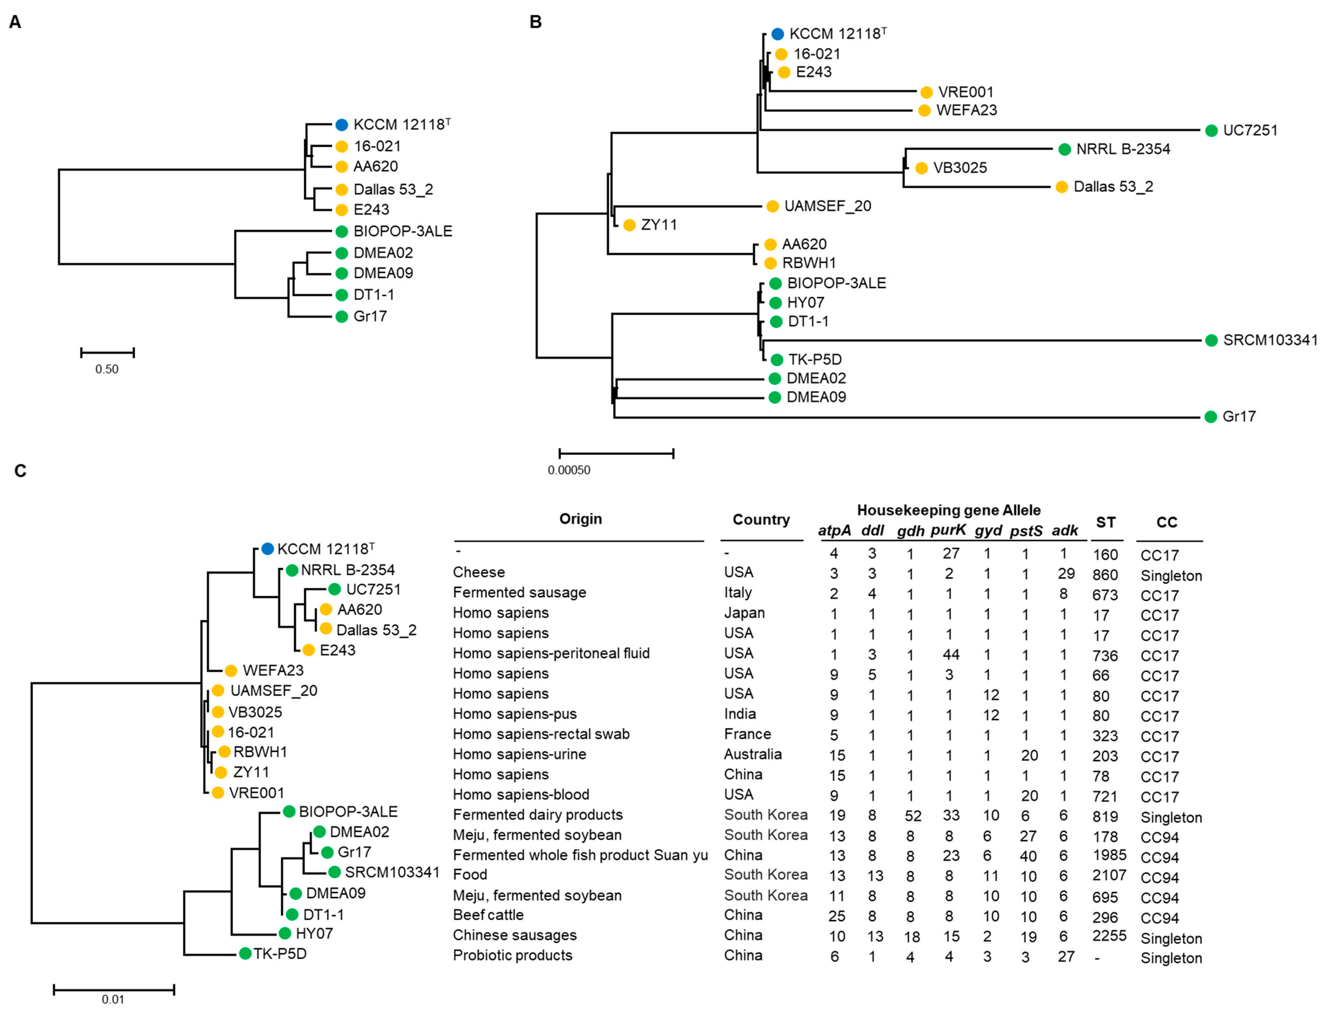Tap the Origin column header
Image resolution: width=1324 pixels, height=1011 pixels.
(x=580, y=519)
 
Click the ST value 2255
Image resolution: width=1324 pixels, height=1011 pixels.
(x=1109, y=936)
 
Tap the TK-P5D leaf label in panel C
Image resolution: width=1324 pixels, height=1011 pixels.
(x=280, y=954)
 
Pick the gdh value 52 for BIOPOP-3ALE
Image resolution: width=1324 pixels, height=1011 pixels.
(x=912, y=816)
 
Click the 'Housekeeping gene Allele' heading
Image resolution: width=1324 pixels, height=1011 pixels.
(x=949, y=510)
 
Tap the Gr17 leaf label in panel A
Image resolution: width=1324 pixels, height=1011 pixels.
(x=370, y=316)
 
